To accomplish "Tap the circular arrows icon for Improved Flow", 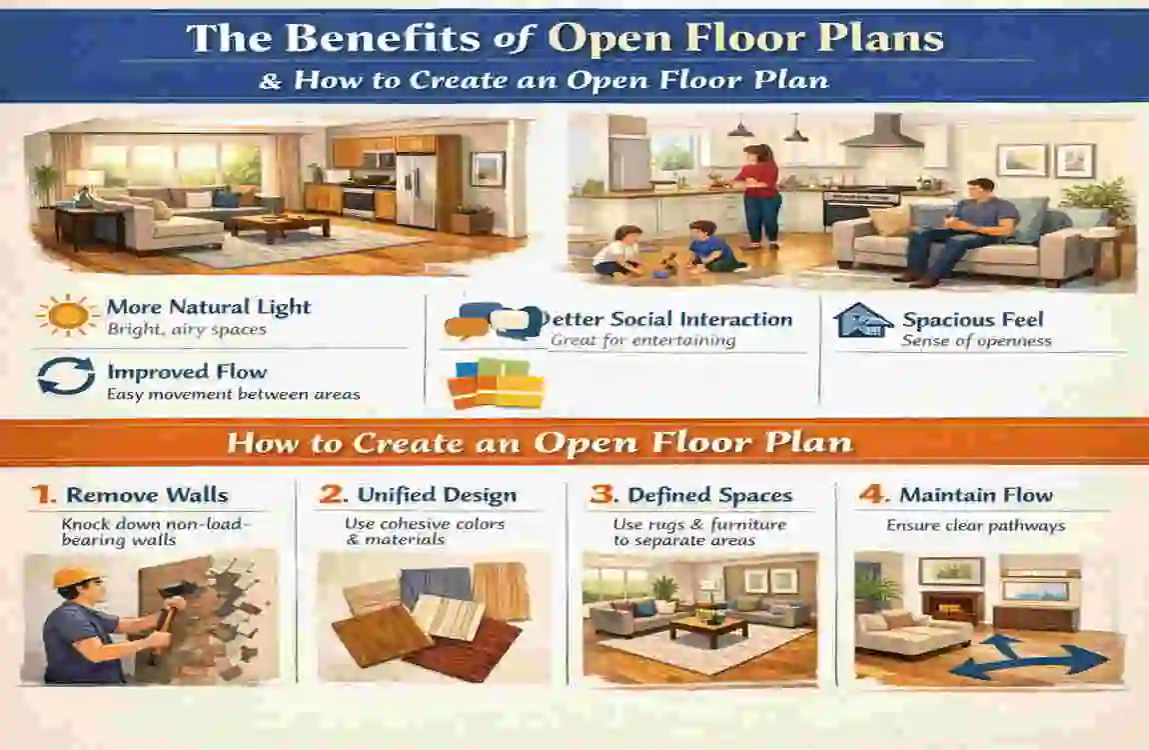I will coord(66,376).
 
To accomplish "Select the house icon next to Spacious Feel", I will coord(863,321).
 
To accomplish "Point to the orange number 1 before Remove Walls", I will coord(42,494).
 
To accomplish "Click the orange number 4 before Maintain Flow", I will coord(871,494).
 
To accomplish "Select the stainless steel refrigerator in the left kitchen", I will coord(416,190).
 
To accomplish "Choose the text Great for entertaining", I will coord(642,341).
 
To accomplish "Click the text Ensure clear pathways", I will coord(975,526).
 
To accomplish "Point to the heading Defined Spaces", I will coord(709,495).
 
